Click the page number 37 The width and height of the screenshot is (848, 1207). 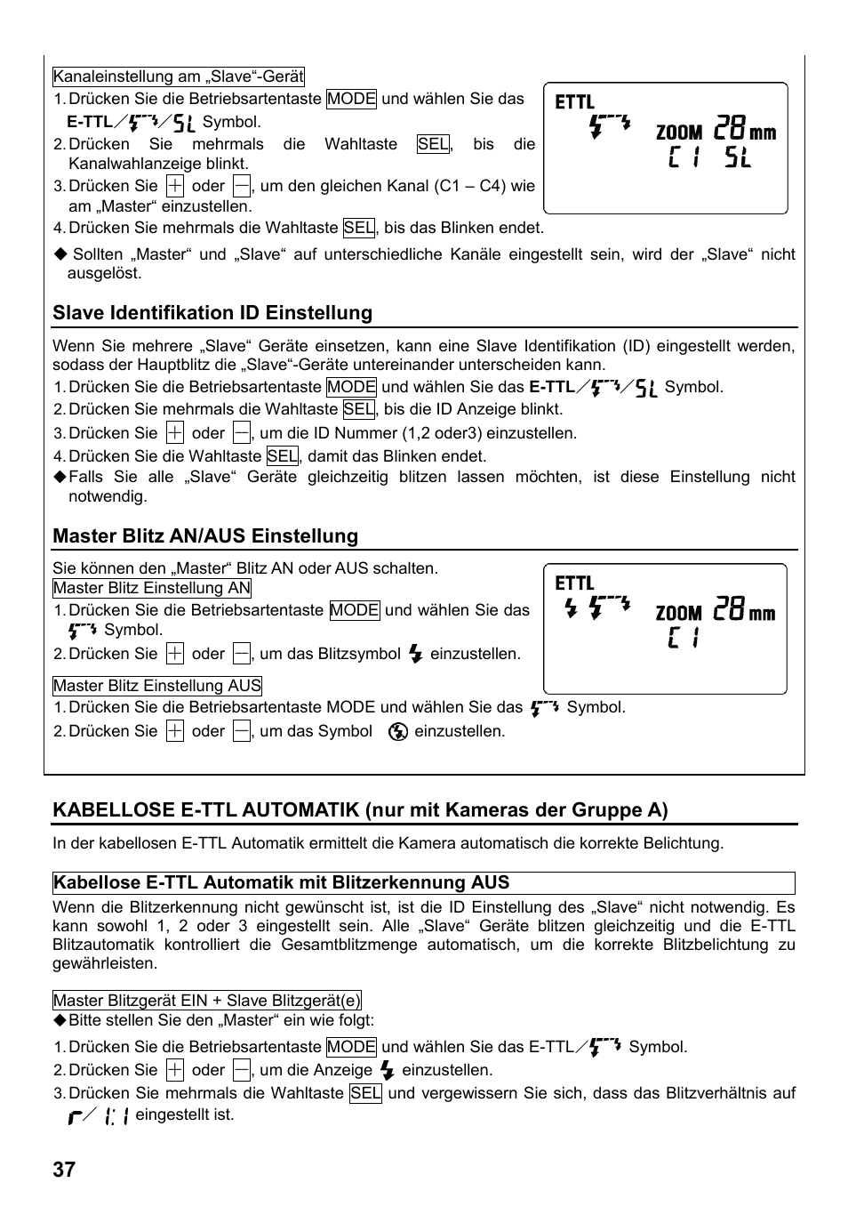[64, 1169]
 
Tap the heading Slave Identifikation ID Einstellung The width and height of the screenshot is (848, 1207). [212, 313]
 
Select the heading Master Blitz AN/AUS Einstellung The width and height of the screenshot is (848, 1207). [205, 536]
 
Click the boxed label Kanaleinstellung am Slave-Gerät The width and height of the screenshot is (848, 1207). [179, 76]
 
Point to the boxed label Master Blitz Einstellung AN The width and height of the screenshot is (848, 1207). [152, 588]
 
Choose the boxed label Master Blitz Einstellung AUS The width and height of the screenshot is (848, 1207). [157, 686]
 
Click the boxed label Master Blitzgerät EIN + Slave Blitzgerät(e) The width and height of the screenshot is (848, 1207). [207, 1001]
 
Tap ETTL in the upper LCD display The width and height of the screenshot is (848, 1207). [574, 102]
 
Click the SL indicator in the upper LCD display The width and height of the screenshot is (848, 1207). [737, 159]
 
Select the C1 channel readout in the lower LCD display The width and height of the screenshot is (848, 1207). [684, 638]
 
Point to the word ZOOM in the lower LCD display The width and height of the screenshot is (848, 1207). [679, 614]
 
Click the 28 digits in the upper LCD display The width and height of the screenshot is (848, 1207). [729, 130]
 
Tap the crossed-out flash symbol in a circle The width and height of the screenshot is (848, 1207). [398, 732]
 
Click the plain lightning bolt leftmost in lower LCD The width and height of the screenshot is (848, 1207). [571, 609]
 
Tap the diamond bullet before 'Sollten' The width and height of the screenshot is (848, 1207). [60, 254]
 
